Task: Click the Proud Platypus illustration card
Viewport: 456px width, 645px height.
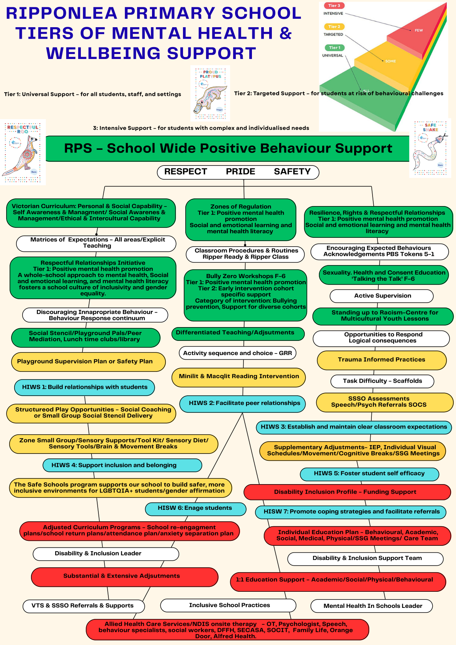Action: click(x=210, y=93)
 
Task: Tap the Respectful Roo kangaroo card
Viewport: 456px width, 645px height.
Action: click(x=23, y=152)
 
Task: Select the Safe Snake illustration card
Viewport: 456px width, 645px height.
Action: click(x=430, y=148)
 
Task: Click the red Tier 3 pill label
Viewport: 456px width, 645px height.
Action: click(x=334, y=6)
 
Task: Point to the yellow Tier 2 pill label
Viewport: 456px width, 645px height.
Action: click(x=334, y=27)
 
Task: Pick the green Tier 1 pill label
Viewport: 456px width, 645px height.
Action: click(x=334, y=48)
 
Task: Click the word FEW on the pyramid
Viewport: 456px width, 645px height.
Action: click(x=418, y=30)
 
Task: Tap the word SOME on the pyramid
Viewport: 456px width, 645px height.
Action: click(x=391, y=61)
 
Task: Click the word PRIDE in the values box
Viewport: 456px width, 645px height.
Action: click(x=240, y=172)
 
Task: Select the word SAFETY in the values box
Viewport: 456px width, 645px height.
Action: click(x=292, y=172)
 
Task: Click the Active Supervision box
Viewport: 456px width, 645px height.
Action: click(x=382, y=296)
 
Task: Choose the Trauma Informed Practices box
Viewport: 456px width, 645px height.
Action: click(x=381, y=360)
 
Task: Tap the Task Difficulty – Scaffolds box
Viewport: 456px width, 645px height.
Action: click(x=382, y=381)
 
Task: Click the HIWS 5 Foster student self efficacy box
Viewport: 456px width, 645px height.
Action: click(x=369, y=474)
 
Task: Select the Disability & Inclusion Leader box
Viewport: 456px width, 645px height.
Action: click(x=106, y=553)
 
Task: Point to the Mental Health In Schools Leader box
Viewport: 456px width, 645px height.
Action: click(x=372, y=606)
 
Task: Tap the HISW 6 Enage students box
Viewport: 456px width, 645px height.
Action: click(x=195, y=509)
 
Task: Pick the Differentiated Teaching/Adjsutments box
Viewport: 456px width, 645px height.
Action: click(x=238, y=333)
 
